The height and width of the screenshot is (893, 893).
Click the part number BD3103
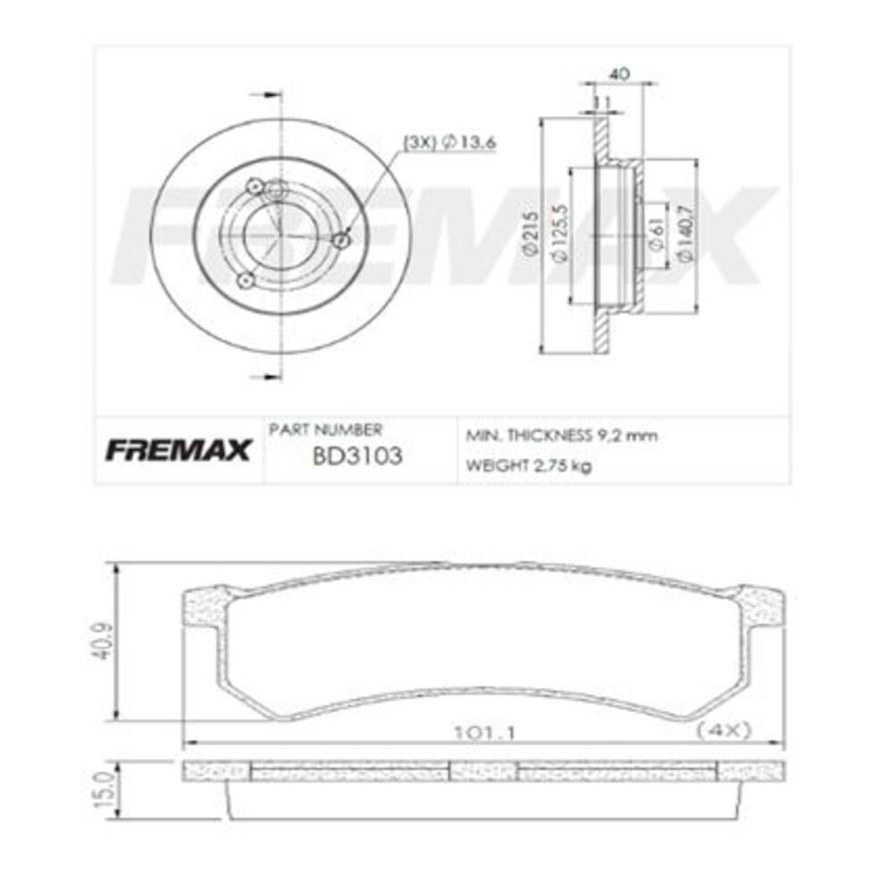coord(356,456)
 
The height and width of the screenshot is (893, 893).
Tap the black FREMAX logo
coord(179,451)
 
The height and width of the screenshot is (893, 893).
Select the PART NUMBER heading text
coord(325,430)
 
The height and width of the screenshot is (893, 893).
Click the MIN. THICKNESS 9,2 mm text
coord(562,436)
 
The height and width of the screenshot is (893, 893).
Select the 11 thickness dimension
coord(602,103)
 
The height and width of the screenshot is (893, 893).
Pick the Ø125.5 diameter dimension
coord(559,235)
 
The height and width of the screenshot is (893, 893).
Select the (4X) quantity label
coord(724,730)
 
